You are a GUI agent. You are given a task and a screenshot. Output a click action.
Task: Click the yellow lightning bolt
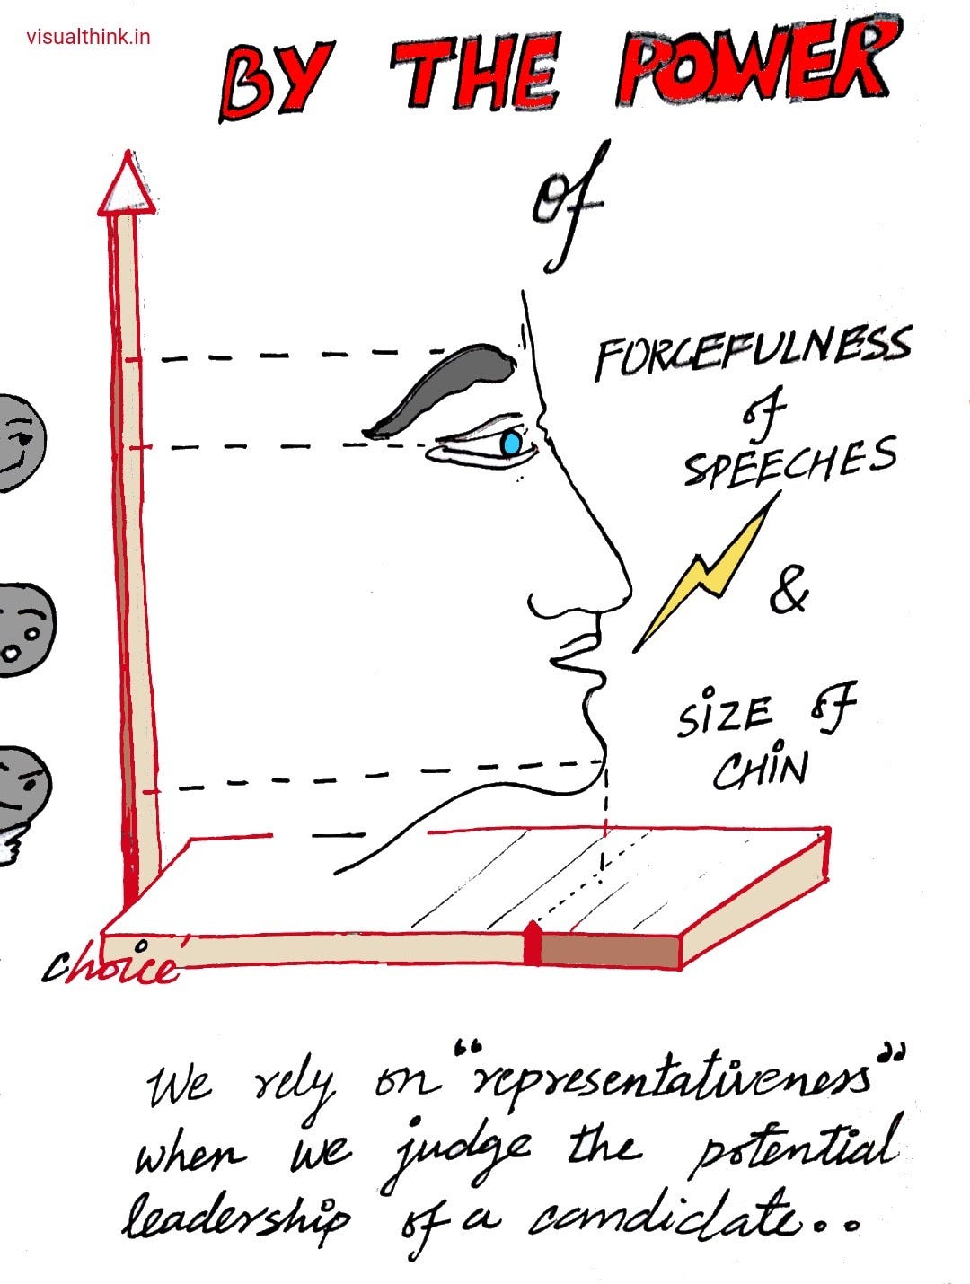coord(710,575)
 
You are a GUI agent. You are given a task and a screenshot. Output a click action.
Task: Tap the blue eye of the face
coord(511,443)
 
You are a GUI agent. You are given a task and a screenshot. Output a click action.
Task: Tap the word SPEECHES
coord(790,460)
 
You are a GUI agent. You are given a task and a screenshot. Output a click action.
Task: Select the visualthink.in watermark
coord(88,37)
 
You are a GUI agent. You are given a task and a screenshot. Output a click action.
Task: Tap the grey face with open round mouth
coord(22,629)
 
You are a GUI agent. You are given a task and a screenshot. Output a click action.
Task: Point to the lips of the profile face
coord(575,655)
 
